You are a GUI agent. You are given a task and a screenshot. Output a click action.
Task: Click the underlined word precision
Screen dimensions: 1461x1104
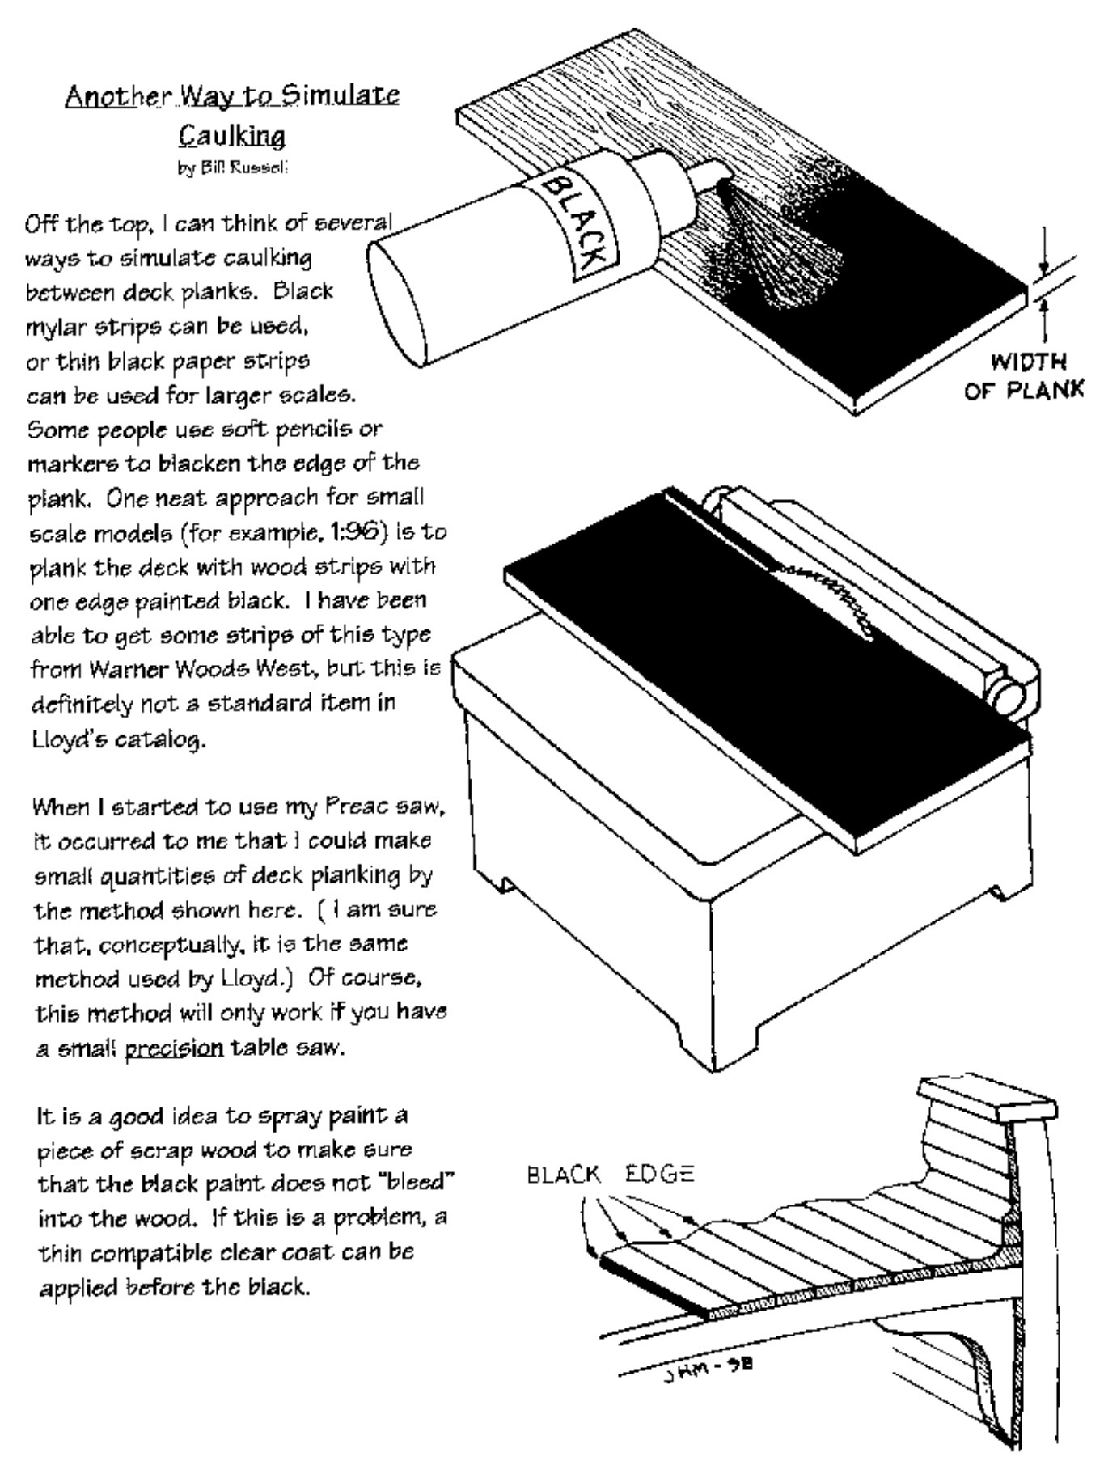(174, 1048)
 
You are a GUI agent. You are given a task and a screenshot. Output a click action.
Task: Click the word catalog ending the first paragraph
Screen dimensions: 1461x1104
(163, 739)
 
